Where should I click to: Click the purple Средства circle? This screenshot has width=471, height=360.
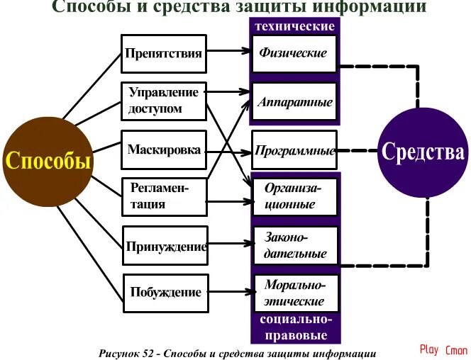click(423, 152)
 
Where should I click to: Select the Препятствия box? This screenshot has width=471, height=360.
click(164, 53)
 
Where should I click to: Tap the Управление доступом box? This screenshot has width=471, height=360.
click(164, 100)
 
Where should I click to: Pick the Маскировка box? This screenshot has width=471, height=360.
click(164, 150)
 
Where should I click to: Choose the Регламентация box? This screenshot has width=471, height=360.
click(164, 196)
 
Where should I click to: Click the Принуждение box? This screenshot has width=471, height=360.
click(166, 247)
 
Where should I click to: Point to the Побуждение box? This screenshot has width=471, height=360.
click(165, 293)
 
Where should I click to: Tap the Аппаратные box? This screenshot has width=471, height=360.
click(295, 102)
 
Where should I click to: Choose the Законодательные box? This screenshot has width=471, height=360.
click(295, 245)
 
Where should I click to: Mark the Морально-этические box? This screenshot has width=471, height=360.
click(295, 293)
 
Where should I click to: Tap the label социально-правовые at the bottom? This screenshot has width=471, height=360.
click(295, 327)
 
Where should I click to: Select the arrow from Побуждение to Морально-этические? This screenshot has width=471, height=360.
click(231, 291)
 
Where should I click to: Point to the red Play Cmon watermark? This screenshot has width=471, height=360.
click(443, 349)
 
